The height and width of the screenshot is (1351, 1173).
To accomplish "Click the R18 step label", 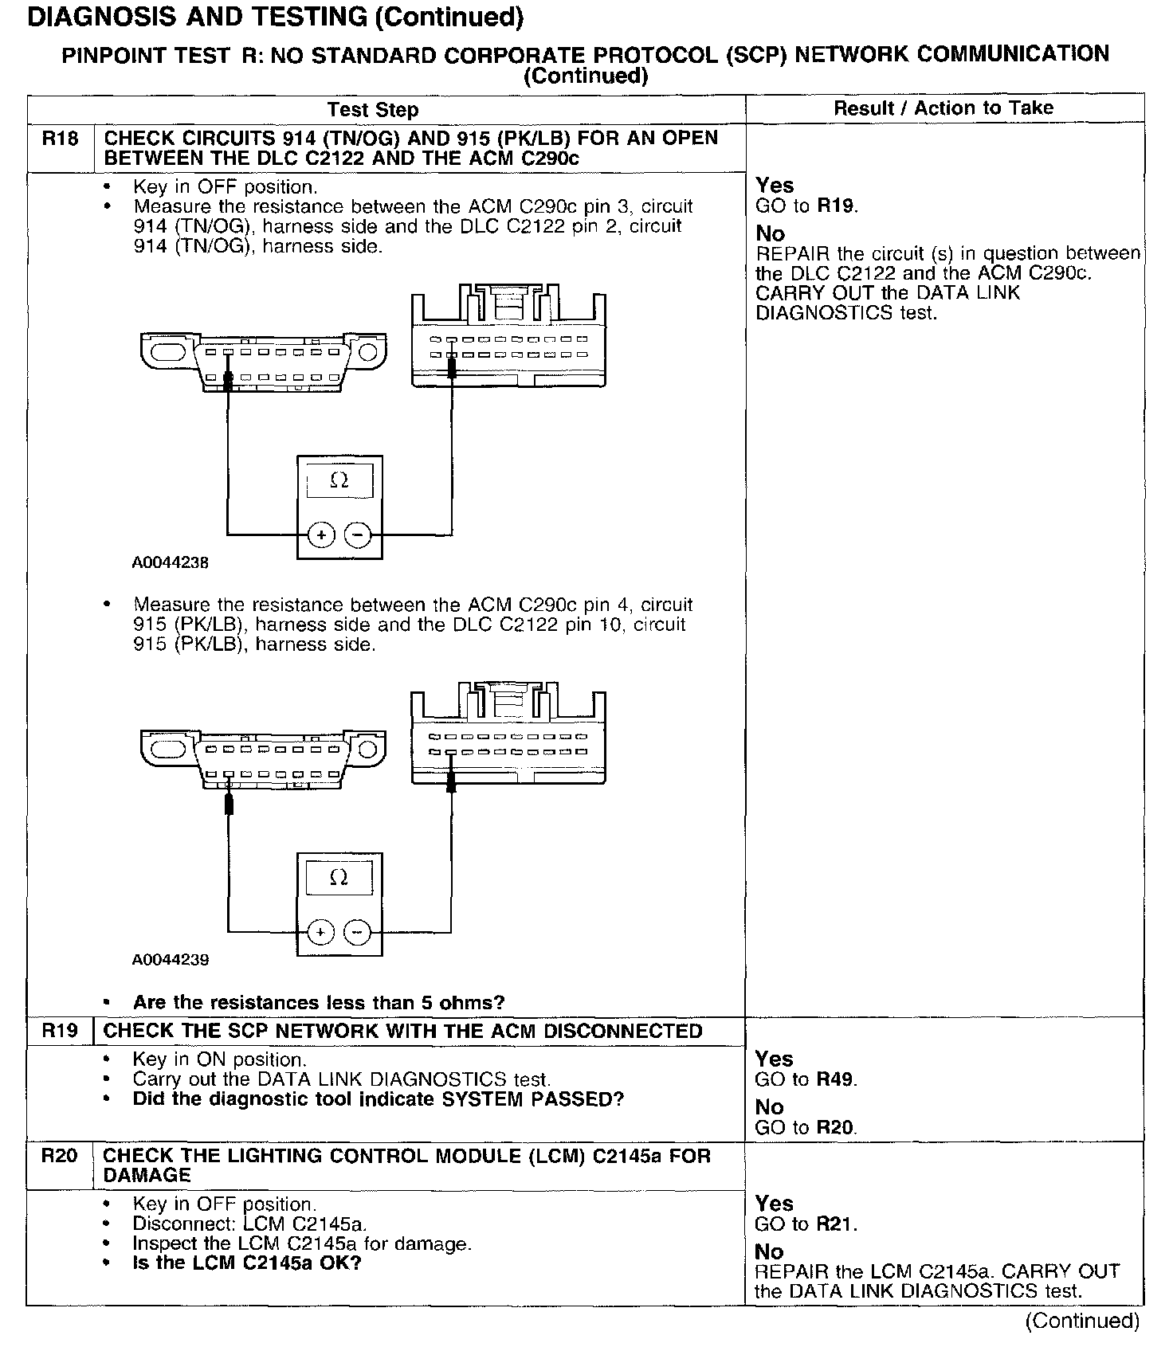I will coord(61,139).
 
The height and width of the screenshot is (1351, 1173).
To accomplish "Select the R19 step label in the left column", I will coord(61,1031).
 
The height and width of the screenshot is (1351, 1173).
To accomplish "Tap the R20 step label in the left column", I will coord(61,1156).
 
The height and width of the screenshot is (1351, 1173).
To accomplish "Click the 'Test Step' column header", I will coord(373,110).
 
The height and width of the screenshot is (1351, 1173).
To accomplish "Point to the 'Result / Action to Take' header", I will coord(943,108).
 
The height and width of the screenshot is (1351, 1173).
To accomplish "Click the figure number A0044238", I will coord(171,562).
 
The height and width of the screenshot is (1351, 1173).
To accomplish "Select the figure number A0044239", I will coord(171,960).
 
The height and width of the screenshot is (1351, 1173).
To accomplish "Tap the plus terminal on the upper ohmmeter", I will coord(321,535).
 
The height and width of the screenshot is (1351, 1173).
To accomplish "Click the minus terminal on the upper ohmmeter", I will coord(359,535).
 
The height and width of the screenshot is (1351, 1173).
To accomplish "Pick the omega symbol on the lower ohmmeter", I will coord(339,878).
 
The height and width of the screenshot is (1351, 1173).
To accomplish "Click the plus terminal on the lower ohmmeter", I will coord(320,931).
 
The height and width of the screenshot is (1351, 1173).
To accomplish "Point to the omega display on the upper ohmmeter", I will coord(339,480).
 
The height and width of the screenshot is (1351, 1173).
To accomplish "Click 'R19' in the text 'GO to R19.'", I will coord(837,206).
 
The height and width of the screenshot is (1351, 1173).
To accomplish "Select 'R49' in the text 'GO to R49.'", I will coord(837,1080).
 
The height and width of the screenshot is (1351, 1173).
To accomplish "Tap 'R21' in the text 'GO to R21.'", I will coord(837,1224).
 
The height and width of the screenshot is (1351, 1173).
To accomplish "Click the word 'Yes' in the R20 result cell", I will coord(774,1204).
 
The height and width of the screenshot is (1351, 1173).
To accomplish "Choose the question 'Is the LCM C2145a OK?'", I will coord(247,1263).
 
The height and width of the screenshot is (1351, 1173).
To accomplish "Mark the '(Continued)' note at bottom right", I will coord(1083,1321).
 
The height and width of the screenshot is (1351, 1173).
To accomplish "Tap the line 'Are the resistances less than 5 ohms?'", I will coord(319,1002).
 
